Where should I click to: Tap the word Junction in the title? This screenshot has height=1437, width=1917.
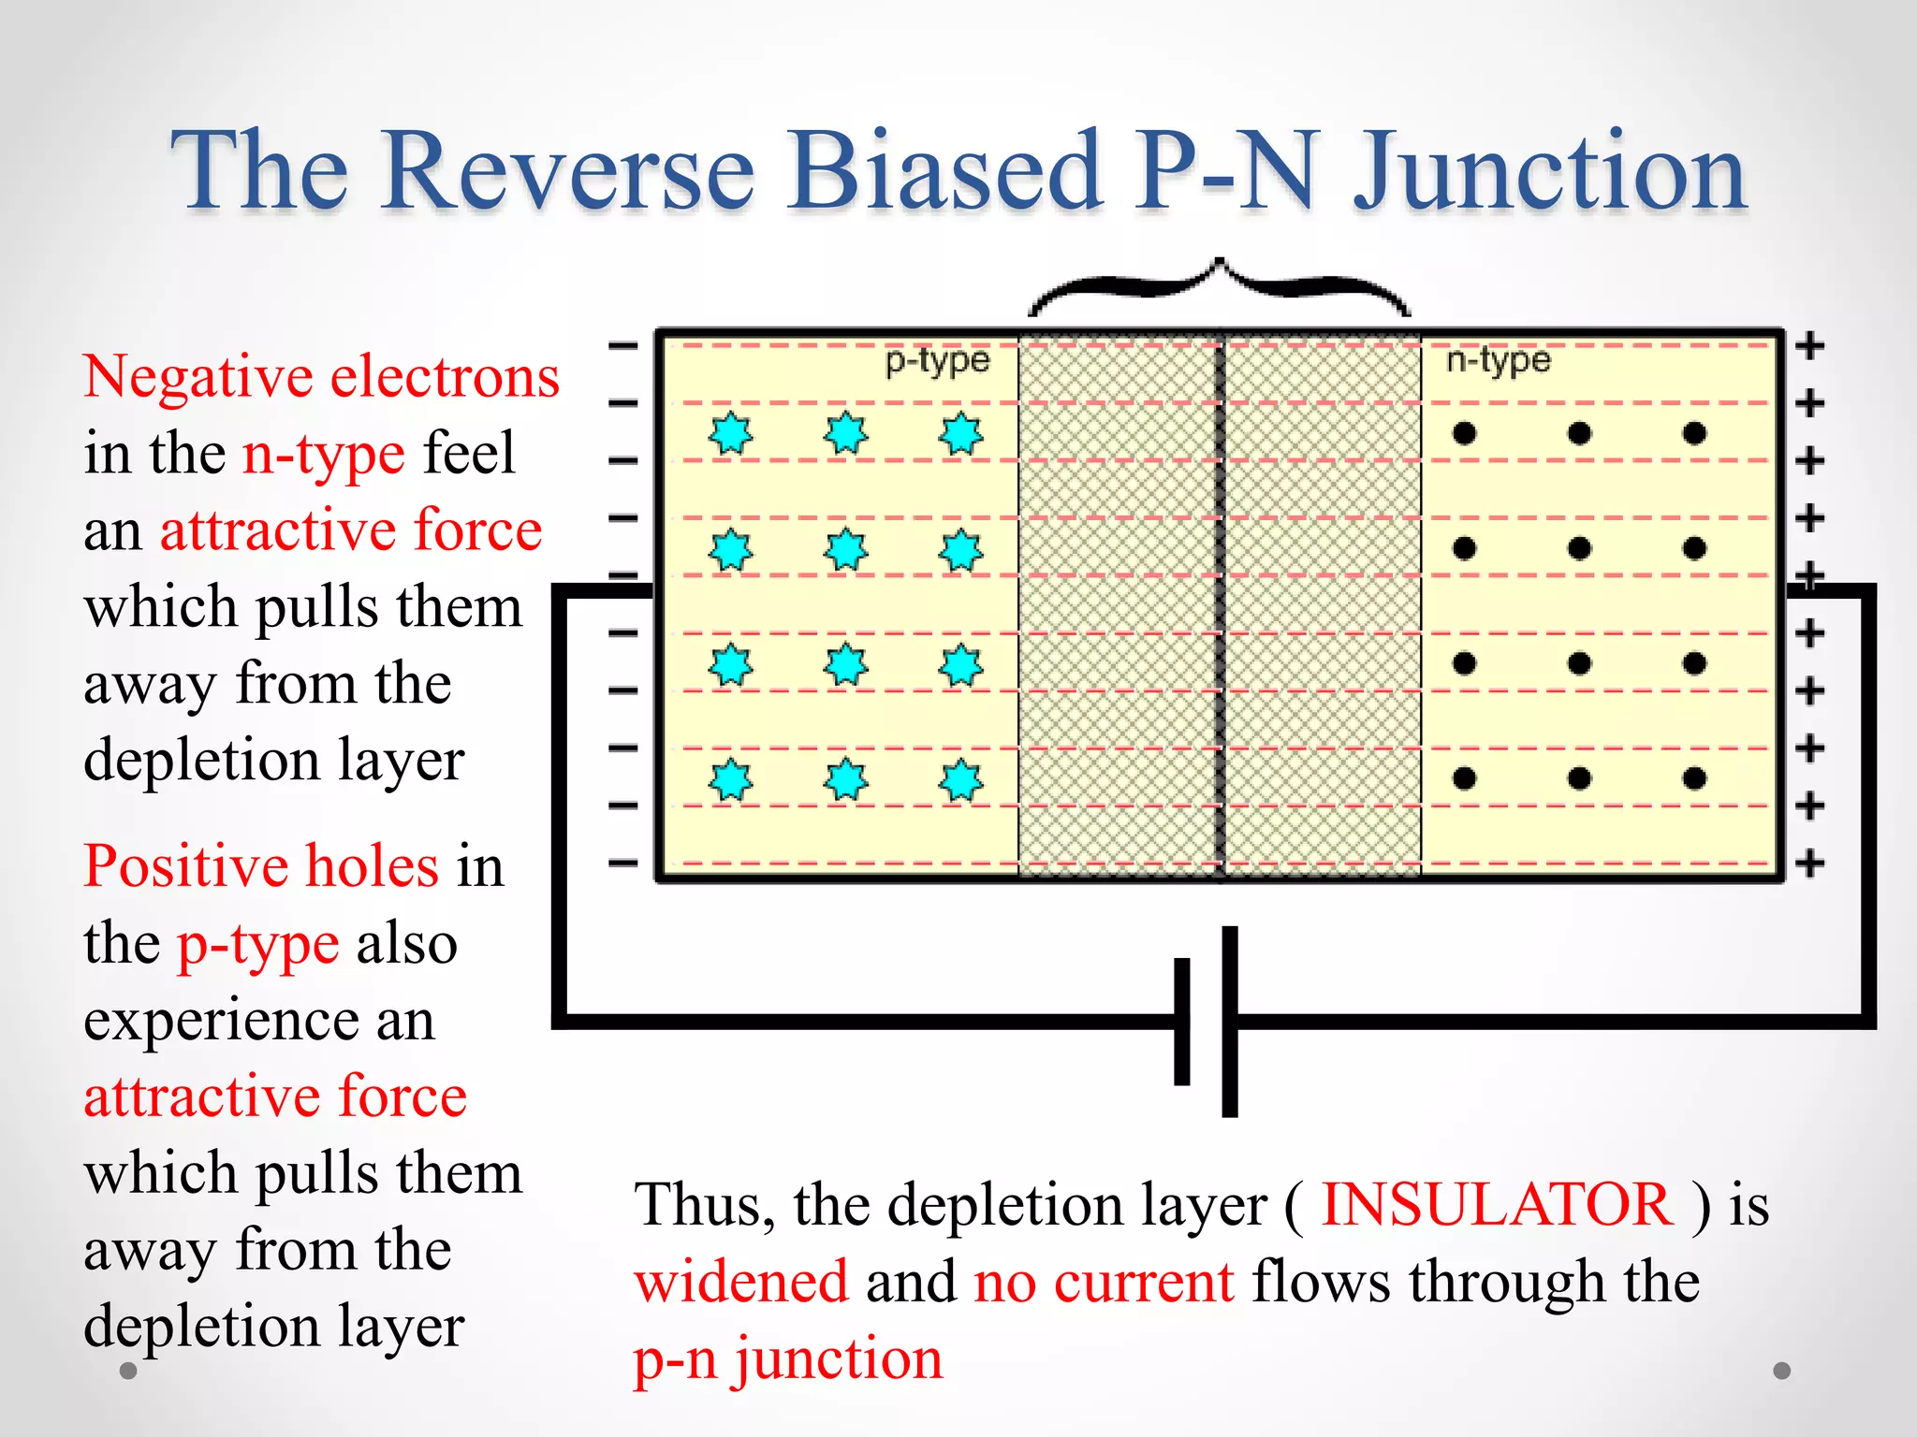tap(1549, 170)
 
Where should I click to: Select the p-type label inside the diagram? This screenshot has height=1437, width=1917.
tap(937, 360)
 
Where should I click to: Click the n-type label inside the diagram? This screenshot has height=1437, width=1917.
tap(1498, 360)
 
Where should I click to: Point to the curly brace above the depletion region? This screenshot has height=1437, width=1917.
tap(1219, 285)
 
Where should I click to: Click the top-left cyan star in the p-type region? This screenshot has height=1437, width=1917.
tap(730, 433)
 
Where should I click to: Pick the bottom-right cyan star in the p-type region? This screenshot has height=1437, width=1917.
tap(961, 779)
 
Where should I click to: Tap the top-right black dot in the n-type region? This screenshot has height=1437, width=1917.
tap(1694, 433)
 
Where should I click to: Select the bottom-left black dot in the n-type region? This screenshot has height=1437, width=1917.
tap(1465, 778)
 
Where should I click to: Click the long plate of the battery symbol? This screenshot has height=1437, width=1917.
tap(1230, 1021)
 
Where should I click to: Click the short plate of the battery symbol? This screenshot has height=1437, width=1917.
tap(1182, 1021)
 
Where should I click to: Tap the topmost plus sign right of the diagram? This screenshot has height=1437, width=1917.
tap(1810, 345)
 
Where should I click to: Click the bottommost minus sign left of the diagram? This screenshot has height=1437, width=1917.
tap(622, 863)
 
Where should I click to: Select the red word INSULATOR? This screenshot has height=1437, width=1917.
tap(1496, 1204)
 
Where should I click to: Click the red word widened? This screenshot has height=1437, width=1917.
tap(741, 1281)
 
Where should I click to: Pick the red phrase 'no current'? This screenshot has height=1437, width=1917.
tap(1104, 1281)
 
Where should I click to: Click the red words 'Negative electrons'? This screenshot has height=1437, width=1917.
tap(321, 377)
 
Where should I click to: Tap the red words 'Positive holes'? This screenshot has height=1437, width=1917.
tap(261, 865)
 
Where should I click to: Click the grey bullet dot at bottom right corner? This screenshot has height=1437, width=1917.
tap(1782, 1371)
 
